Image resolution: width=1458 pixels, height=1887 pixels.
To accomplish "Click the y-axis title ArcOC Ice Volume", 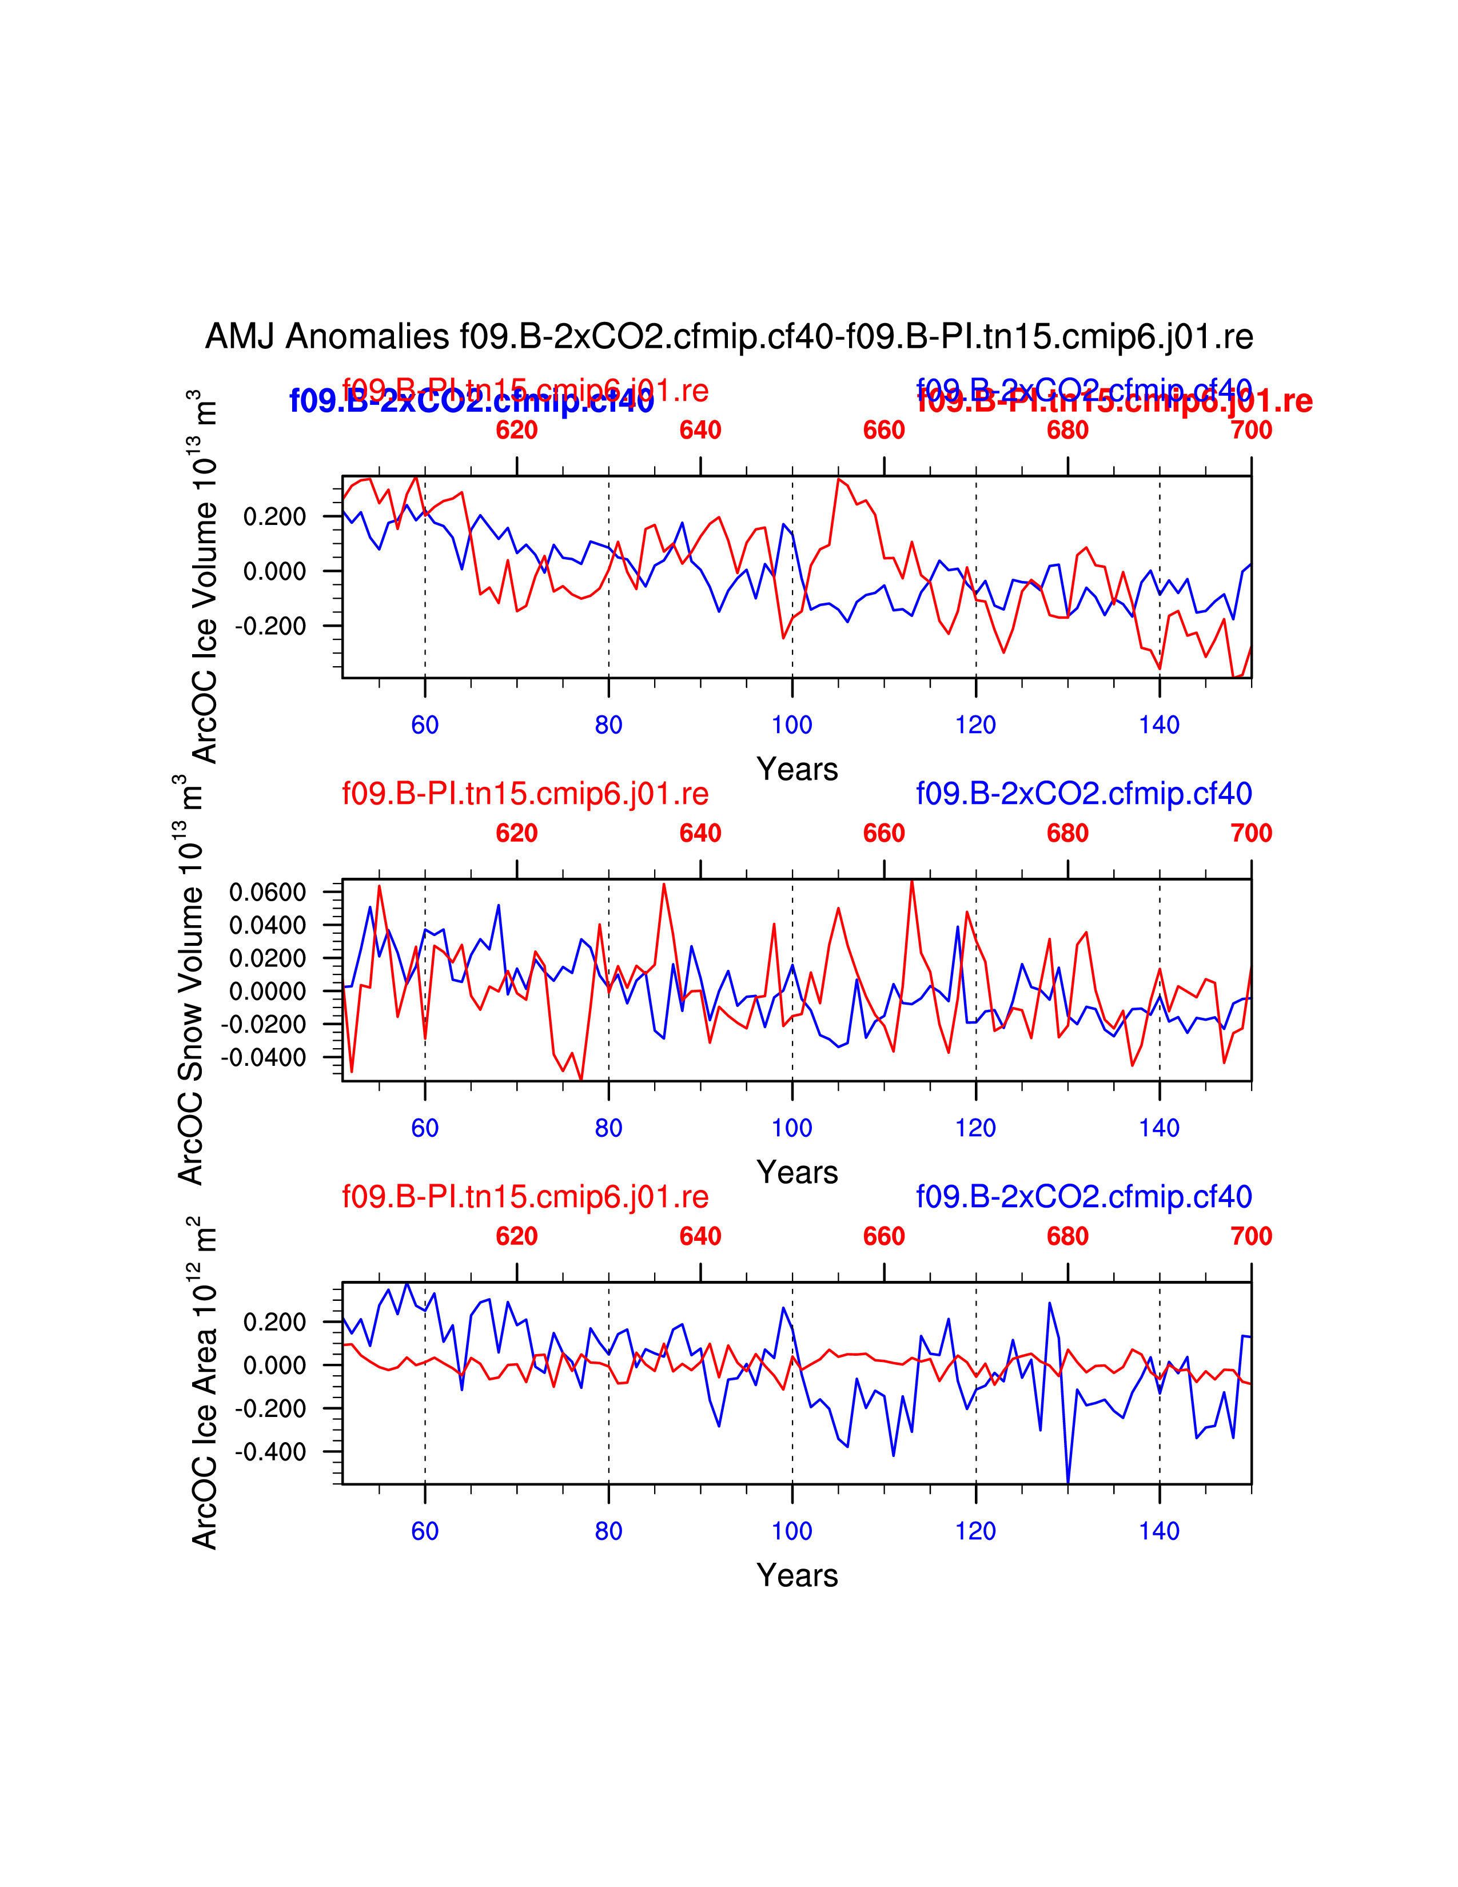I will [x=204, y=577].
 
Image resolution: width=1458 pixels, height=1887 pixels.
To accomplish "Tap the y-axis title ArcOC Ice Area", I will [x=204, y=1383].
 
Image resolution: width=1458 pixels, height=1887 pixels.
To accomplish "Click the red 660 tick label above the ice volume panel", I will [x=883, y=430].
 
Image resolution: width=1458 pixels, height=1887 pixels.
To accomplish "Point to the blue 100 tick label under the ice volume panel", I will [x=792, y=725].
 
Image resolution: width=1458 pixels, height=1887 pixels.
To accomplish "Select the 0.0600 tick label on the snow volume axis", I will [x=268, y=891].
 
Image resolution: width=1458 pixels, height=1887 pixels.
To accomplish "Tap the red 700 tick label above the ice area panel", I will [x=1250, y=1236].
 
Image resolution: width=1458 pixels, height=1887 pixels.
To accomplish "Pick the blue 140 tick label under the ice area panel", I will [x=1159, y=1531].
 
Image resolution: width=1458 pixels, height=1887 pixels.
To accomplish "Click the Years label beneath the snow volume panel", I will [x=797, y=1172].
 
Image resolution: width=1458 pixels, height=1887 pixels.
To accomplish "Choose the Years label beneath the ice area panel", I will [x=797, y=1575].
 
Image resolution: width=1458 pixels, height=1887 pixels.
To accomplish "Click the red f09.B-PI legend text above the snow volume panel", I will [x=525, y=793].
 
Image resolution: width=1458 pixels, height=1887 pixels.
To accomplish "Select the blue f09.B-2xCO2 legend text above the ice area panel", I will [x=1084, y=1197].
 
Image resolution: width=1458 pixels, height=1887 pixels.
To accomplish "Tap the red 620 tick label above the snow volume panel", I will [x=516, y=834].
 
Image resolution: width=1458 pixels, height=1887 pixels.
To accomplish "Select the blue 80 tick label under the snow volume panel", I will [x=608, y=1128].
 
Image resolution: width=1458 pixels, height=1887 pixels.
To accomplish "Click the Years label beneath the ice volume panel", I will [x=797, y=769].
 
